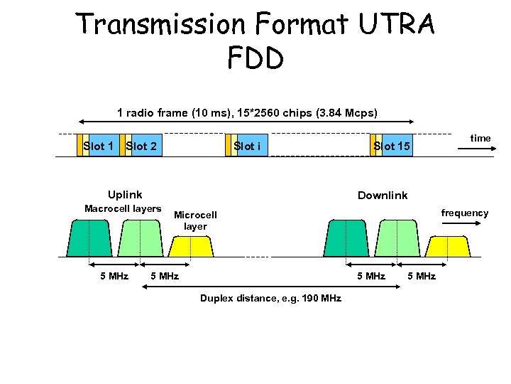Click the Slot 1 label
[x=98, y=146]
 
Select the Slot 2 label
[x=141, y=146]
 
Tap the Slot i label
[x=247, y=146]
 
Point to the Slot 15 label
[x=392, y=146]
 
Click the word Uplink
[x=124, y=194]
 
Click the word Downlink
[x=383, y=195]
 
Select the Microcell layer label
[x=195, y=220]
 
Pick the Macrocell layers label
[x=123, y=208]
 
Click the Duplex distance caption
[x=270, y=298]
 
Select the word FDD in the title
[x=255, y=58]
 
